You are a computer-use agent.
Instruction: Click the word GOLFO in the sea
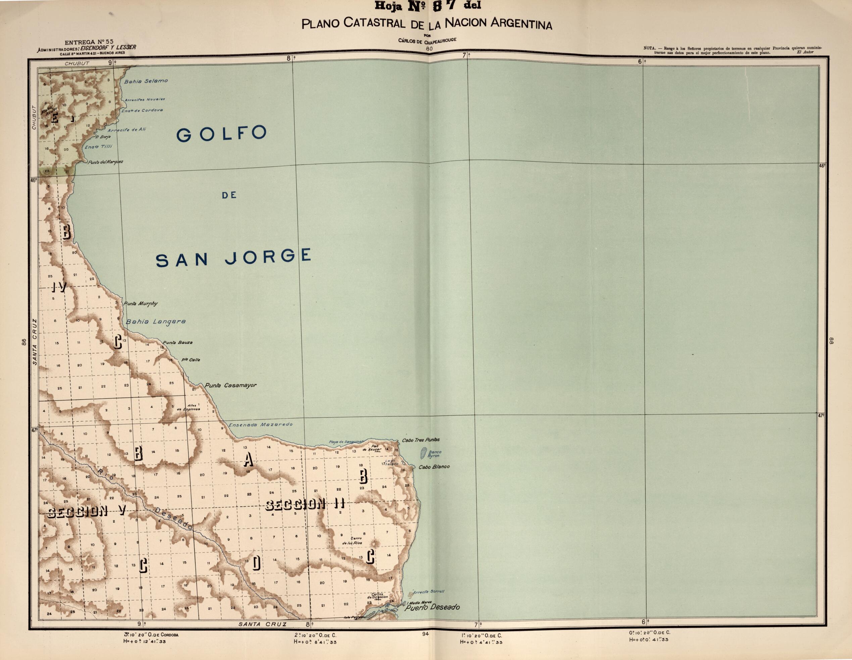point(221,134)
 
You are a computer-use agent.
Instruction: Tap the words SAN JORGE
point(233,258)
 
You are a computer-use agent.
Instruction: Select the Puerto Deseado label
point(432,607)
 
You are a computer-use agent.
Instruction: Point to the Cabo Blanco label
point(434,467)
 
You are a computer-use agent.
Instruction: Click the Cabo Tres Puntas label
point(420,440)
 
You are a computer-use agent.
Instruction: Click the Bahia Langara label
point(156,322)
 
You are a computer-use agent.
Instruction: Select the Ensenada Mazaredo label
point(261,424)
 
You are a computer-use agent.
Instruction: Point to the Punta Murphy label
point(141,303)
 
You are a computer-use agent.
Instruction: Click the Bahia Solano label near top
point(146,81)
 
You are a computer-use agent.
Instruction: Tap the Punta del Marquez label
point(105,162)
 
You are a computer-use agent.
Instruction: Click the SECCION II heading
point(305,504)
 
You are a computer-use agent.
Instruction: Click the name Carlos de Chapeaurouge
point(427,41)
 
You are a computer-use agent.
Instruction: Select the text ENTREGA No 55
point(89,42)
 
